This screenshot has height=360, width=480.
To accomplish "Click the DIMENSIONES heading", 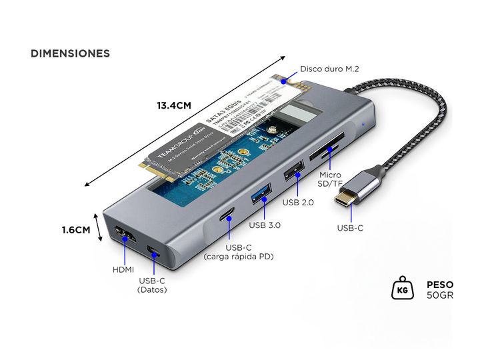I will (x=70, y=53).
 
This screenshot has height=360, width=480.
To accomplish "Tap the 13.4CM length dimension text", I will (x=174, y=105).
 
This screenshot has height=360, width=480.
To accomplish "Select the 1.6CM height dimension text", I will (x=76, y=230).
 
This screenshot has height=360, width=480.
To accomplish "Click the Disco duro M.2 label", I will (x=329, y=69).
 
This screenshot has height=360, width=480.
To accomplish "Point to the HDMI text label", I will (x=123, y=269).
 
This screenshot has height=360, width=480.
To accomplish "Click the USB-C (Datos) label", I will (x=152, y=285).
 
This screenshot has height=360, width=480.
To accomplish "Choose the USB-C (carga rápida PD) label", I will (x=239, y=252).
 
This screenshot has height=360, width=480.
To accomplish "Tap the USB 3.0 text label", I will (x=265, y=225).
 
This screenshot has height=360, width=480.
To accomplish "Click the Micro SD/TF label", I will (x=329, y=178).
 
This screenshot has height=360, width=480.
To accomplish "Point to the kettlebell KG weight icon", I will (x=402, y=289).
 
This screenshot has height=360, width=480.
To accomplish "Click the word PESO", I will (x=440, y=283).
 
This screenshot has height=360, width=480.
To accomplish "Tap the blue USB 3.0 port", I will (x=261, y=197).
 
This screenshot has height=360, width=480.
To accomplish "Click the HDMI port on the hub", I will (x=123, y=235).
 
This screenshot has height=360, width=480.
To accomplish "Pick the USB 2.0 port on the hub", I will (x=291, y=176).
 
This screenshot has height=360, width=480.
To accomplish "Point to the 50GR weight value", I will (x=439, y=295).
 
